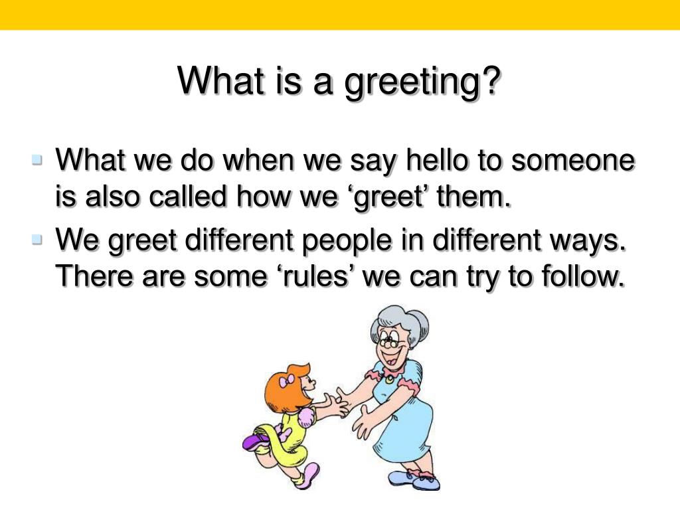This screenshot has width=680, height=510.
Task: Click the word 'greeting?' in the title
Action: point(422,83)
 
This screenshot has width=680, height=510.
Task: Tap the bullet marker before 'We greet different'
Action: point(37,239)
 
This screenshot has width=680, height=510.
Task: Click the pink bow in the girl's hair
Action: point(289,381)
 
